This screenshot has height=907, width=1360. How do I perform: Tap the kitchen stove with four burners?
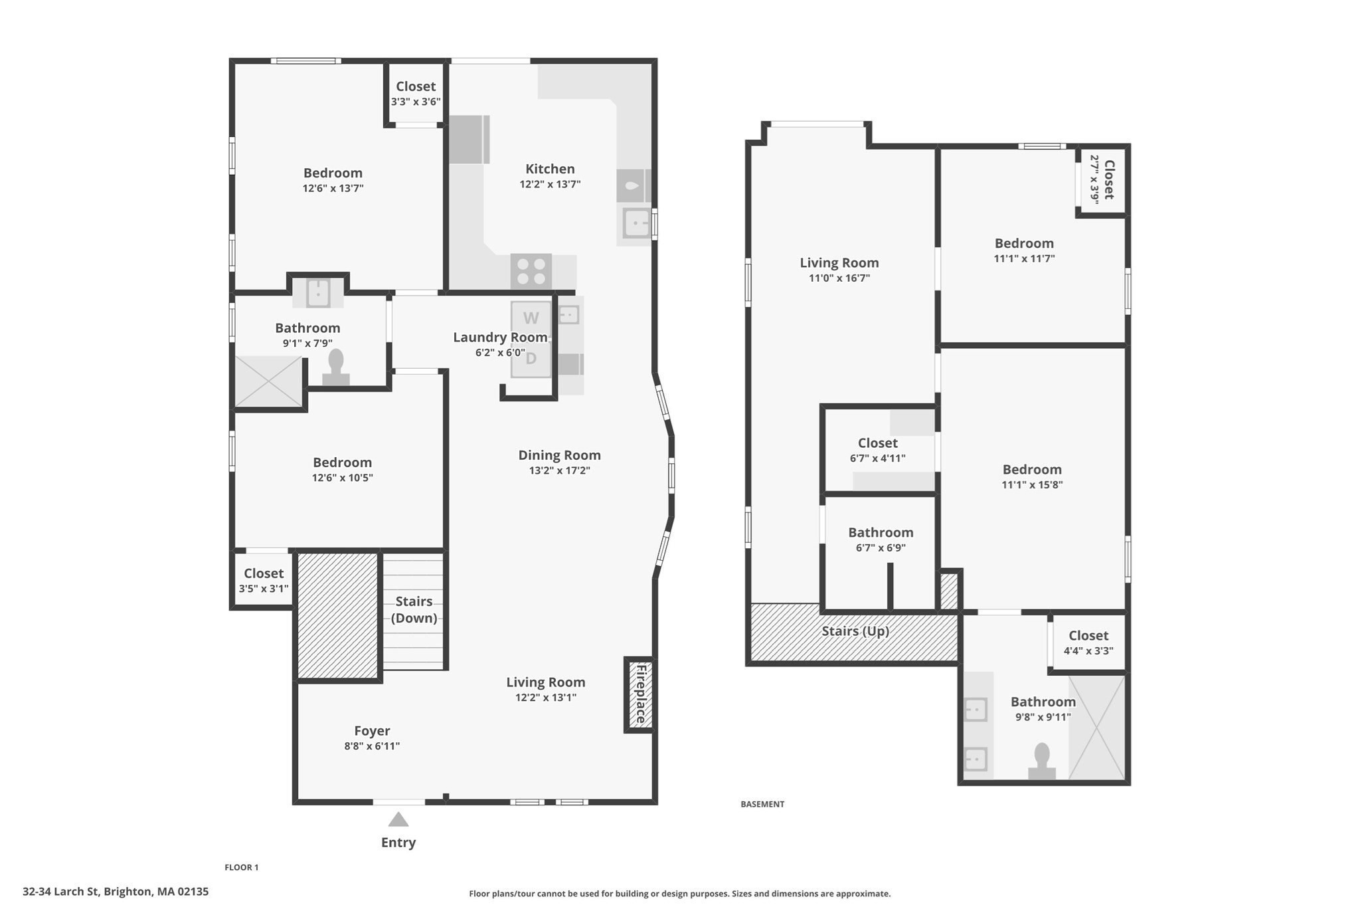tap(531, 271)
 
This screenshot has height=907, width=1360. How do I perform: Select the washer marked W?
tap(531, 318)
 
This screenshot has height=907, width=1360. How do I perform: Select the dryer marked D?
tap(531, 359)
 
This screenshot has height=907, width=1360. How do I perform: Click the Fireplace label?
tap(641, 694)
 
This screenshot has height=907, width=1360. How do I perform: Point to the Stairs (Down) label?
tap(414, 609)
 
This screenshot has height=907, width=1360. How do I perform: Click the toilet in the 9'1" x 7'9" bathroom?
tap(336, 367)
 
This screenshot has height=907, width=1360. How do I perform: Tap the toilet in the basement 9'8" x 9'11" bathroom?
tap(1042, 761)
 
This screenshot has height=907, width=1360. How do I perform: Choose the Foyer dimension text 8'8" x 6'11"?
tap(372, 746)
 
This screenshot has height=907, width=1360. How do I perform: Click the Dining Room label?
tap(559, 455)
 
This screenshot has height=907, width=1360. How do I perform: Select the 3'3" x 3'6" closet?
tap(416, 93)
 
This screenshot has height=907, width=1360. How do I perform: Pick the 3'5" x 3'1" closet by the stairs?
tap(264, 580)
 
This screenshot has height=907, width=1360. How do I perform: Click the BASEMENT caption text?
tap(762, 804)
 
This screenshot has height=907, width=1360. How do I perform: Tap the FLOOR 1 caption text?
tap(242, 867)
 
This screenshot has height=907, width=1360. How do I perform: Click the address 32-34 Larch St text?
tap(116, 892)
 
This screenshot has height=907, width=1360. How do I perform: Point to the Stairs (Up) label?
tap(855, 631)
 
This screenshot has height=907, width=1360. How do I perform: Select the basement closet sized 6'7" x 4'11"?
tap(877, 450)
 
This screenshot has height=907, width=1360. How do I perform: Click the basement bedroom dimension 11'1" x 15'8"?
tap(1032, 485)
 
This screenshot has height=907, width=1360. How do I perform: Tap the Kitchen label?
tap(550, 169)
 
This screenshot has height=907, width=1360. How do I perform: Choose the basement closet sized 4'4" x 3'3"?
tap(1088, 643)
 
